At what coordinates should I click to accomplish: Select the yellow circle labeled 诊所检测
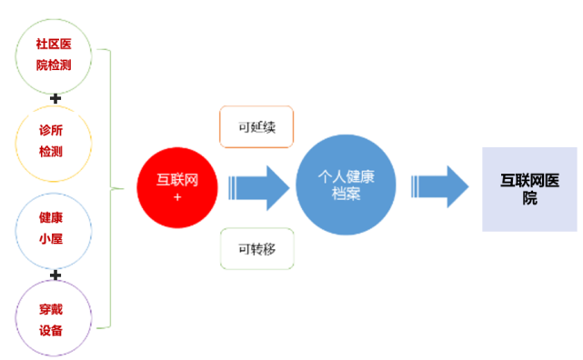tap(53, 140)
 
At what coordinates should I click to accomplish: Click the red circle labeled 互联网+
tap(177, 187)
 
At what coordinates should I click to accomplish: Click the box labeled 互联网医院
tap(529, 188)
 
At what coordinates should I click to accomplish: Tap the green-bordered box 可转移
tap(256, 248)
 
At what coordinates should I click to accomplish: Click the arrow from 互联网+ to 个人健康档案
tap(259, 187)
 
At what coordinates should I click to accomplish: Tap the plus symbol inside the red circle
tap(177, 197)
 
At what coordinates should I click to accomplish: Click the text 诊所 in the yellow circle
tap(52, 129)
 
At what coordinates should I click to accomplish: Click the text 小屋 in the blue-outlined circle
tap(52, 239)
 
